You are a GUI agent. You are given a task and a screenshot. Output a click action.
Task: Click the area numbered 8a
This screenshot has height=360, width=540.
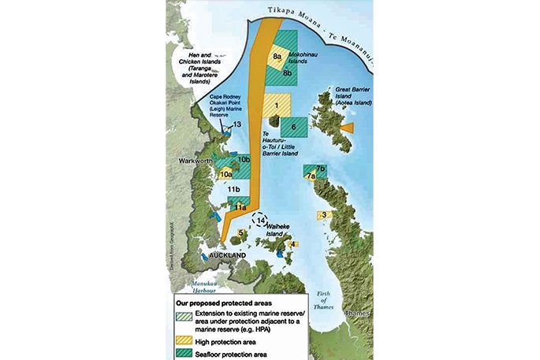277,57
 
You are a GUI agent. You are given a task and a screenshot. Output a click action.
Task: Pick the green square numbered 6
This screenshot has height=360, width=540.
293,127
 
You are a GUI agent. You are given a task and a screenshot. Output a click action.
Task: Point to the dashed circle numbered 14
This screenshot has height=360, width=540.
262,223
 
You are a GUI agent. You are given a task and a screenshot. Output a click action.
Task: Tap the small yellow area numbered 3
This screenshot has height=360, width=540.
322,215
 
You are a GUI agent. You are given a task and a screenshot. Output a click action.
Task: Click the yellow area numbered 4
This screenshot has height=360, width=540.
293,244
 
